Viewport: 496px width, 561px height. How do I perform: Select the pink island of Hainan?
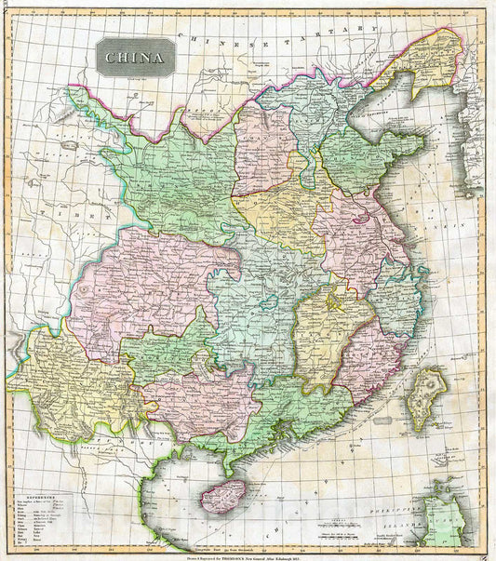tap(223, 494)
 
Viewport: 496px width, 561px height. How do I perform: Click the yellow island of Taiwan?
tap(427, 397)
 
